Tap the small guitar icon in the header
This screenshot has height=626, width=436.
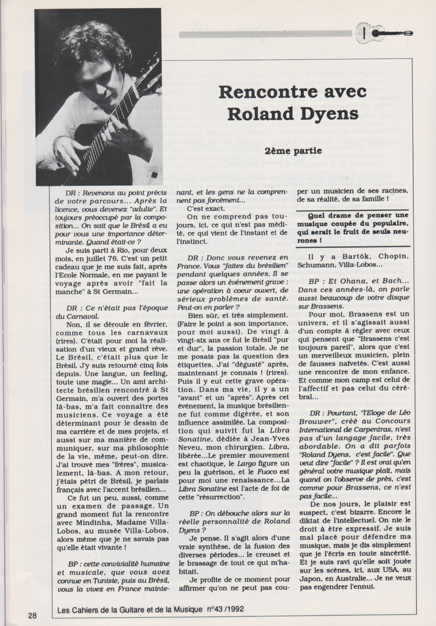point(386,33)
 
